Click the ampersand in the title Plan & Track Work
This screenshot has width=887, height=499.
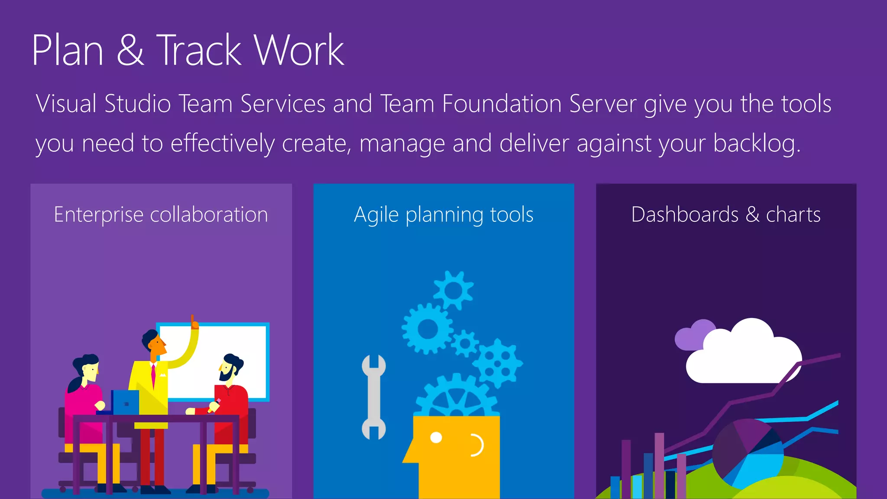(130, 50)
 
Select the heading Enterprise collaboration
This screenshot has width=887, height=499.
(161, 214)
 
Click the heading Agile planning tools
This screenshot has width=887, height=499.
(443, 214)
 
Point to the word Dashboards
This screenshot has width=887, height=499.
(685, 214)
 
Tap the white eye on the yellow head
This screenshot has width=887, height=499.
(436, 437)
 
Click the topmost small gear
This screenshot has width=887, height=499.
(453, 290)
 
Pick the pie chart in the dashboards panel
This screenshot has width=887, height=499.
(747, 453)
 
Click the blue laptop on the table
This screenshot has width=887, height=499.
(126, 402)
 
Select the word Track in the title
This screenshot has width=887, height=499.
(198, 50)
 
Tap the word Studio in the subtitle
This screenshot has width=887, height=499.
(138, 104)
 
